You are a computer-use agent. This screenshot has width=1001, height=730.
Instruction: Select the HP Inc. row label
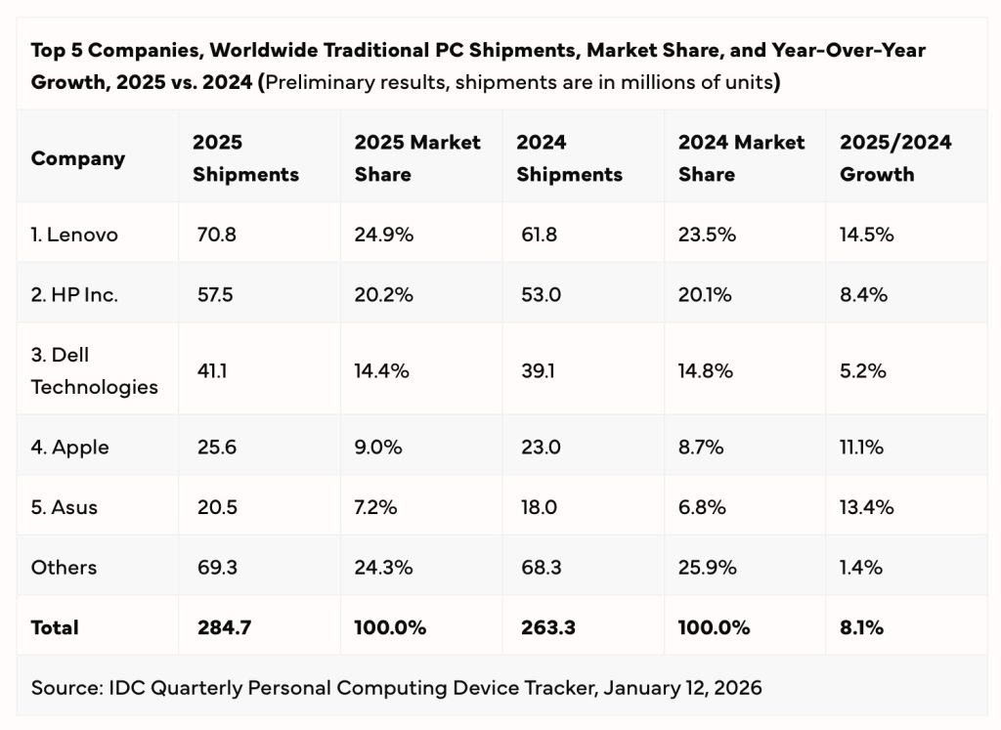click(x=74, y=294)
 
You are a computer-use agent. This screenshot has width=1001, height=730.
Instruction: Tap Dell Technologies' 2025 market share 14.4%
click(x=382, y=370)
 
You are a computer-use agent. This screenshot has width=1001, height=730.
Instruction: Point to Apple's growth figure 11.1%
click(x=862, y=447)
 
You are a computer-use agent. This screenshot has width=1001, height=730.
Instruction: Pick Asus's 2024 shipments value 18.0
click(x=538, y=507)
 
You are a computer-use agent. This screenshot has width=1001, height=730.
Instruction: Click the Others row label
click(x=64, y=567)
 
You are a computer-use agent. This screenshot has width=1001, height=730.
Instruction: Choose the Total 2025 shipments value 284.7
click(x=222, y=627)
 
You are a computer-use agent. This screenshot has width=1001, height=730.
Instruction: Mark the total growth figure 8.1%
click(x=861, y=627)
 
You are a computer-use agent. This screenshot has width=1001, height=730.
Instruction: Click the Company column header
click(x=78, y=158)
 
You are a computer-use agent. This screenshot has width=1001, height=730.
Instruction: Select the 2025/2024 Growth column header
click(x=895, y=158)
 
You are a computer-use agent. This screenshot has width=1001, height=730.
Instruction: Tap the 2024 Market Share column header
click(x=741, y=158)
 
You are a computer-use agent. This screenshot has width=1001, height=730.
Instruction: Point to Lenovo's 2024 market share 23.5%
click(x=707, y=235)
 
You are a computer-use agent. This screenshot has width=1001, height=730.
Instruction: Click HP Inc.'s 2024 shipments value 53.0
click(x=539, y=294)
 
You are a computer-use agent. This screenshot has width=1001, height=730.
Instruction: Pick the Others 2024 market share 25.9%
click(x=708, y=567)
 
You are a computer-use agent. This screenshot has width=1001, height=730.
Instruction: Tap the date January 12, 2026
click(x=682, y=687)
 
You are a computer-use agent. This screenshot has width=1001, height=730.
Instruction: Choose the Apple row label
click(x=69, y=447)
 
